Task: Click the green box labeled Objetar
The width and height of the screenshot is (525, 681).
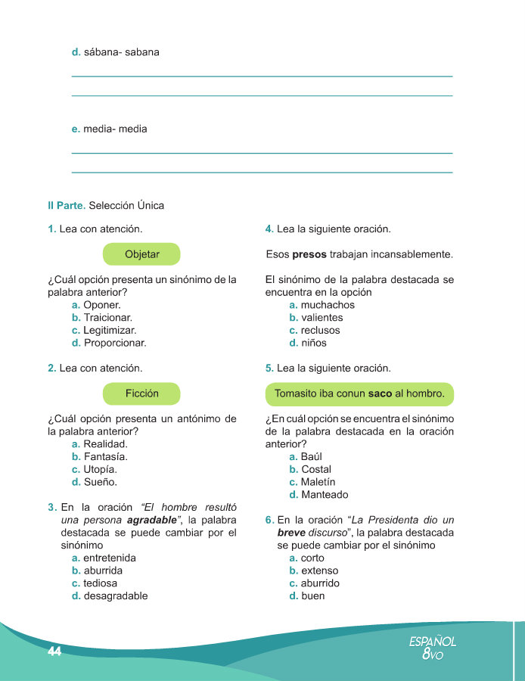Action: (x=141, y=254)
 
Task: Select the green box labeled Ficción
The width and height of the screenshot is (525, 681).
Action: (x=141, y=393)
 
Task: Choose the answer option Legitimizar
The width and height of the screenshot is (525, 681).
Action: (x=110, y=330)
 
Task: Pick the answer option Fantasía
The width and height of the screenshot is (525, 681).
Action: (x=105, y=457)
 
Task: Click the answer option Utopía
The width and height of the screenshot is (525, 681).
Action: (x=100, y=470)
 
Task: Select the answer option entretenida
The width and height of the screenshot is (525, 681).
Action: (x=110, y=558)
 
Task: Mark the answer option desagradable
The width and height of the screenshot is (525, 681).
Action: (x=115, y=595)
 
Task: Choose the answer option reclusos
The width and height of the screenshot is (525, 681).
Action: (x=320, y=330)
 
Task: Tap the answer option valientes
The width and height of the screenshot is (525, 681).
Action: (x=322, y=318)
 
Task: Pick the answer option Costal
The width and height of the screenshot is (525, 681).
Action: (x=316, y=470)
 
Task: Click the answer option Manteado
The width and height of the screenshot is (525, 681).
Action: (x=324, y=495)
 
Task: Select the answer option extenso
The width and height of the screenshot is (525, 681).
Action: (x=319, y=571)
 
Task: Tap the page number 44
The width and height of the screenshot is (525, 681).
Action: (x=54, y=652)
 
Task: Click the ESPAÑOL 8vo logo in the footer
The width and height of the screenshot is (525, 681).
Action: (x=433, y=648)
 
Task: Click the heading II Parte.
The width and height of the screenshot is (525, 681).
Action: (x=66, y=205)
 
